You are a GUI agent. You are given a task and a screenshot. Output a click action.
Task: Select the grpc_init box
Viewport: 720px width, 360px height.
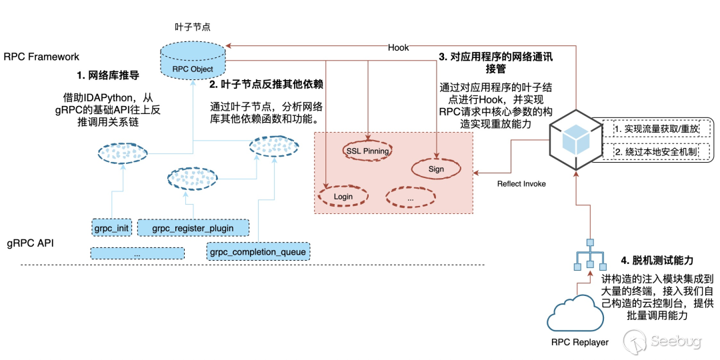[111, 228]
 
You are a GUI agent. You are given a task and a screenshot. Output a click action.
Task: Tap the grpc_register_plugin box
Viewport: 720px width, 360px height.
[193, 228]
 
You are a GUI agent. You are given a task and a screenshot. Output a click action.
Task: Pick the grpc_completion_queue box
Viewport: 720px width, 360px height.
[257, 252]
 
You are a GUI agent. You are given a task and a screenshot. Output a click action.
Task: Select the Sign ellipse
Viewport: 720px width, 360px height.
[436, 169]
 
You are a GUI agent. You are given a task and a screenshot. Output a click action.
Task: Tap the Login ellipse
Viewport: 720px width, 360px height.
[343, 197]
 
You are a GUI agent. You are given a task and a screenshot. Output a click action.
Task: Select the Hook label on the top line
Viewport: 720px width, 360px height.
[399, 47]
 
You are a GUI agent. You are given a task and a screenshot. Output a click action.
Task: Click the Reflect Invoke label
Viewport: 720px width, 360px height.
[521, 183]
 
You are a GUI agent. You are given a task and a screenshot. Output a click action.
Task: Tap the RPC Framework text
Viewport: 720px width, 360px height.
[41, 57]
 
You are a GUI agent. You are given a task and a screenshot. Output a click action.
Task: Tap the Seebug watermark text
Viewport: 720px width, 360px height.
[675, 342]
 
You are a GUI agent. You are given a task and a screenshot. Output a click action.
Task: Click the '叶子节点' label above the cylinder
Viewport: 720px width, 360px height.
[193, 27]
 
